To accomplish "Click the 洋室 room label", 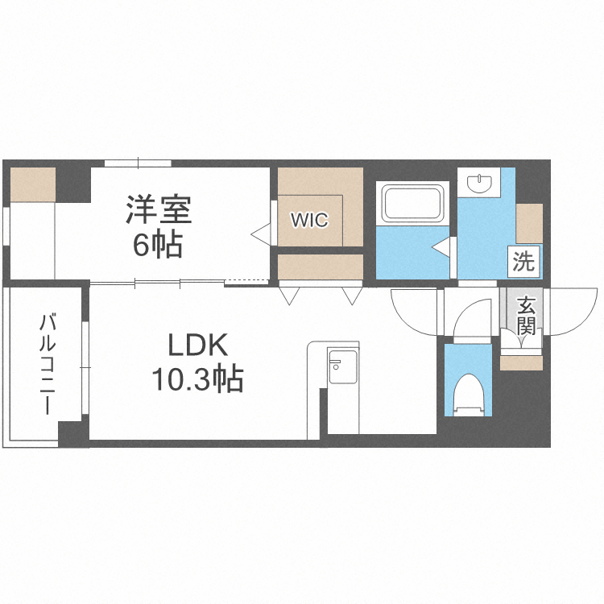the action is click(x=159, y=209).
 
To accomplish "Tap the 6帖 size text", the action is click(x=158, y=245).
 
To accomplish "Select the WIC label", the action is click(x=310, y=220).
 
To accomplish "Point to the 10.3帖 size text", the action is click(x=198, y=379).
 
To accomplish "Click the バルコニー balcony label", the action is click(x=47, y=364).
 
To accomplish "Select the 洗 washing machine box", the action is click(x=523, y=262).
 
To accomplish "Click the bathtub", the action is click(x=412, y=204).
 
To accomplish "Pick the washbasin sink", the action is click(x=479, y=183).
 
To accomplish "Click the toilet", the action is click(x=468, y=395).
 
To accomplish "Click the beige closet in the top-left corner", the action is click(x=33, y=184).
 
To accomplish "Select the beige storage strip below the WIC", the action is click(x=321, y=267).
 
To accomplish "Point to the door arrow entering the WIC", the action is click(x=261, y=234).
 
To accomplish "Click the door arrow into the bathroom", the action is click(x=441, y=248).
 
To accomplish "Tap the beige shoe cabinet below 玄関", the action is click(x=521, y=363).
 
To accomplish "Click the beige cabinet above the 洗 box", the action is click(x=529, y=223).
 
